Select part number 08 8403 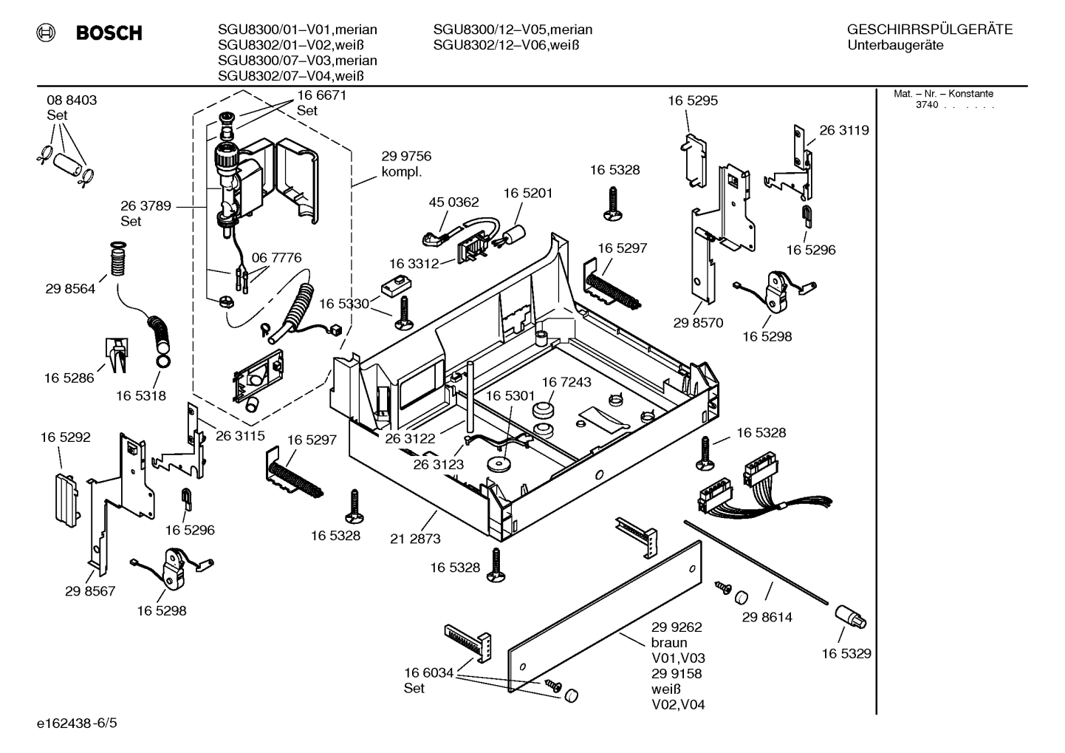coord(72,100)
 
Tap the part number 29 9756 coord(406,157)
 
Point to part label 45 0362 coord(453,202)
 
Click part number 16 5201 coord(528,193)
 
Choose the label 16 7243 coord(566,382)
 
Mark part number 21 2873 coord(415,539)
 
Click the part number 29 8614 coord(767,616)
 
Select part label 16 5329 coord(846,653)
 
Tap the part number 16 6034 coord(428,672)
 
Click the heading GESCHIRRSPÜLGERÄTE coord(929,30)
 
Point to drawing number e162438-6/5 coord(76,722)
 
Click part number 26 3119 coord(844,130)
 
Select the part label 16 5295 coord(693,100)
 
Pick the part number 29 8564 coord(70,289)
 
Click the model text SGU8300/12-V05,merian coord(513,30)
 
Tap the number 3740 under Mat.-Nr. coord(926,105)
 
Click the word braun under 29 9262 coord(668,642)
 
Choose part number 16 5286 coord(69,378)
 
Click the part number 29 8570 coord(698,323)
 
